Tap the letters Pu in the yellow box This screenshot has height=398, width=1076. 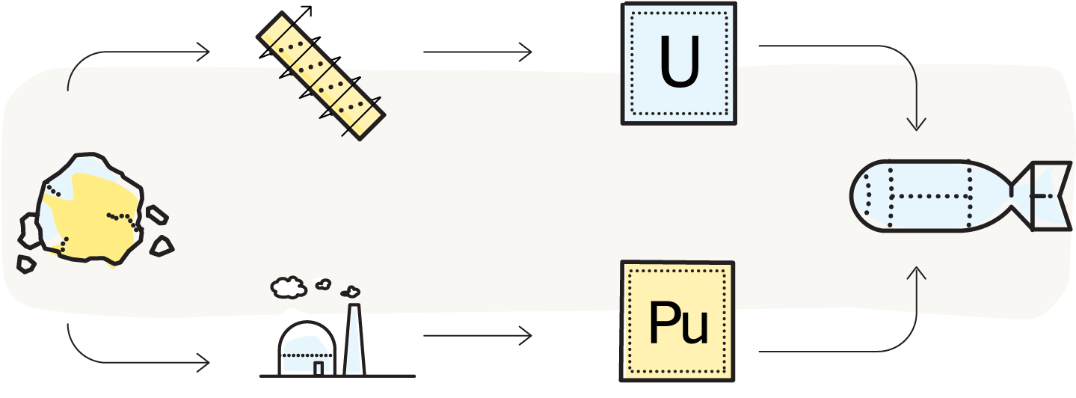pyautogui.click(x=677, y=322)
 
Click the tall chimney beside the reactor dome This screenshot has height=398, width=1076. pyautogui.click(x=353, y=340)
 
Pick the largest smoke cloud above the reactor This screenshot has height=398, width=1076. pyautogui.click(x=289, y=287)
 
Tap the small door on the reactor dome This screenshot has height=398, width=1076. pyautogui.click(x=319, y=367)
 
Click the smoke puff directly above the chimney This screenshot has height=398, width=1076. pyautogui.click(x=349, y=290)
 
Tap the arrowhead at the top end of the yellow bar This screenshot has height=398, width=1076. pyautogui.click(x=305, y=12)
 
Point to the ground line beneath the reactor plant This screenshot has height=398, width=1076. pyautogui.click(x=336, y=375)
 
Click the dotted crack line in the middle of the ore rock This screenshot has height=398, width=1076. pyautogui.click(x=123, y=218)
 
